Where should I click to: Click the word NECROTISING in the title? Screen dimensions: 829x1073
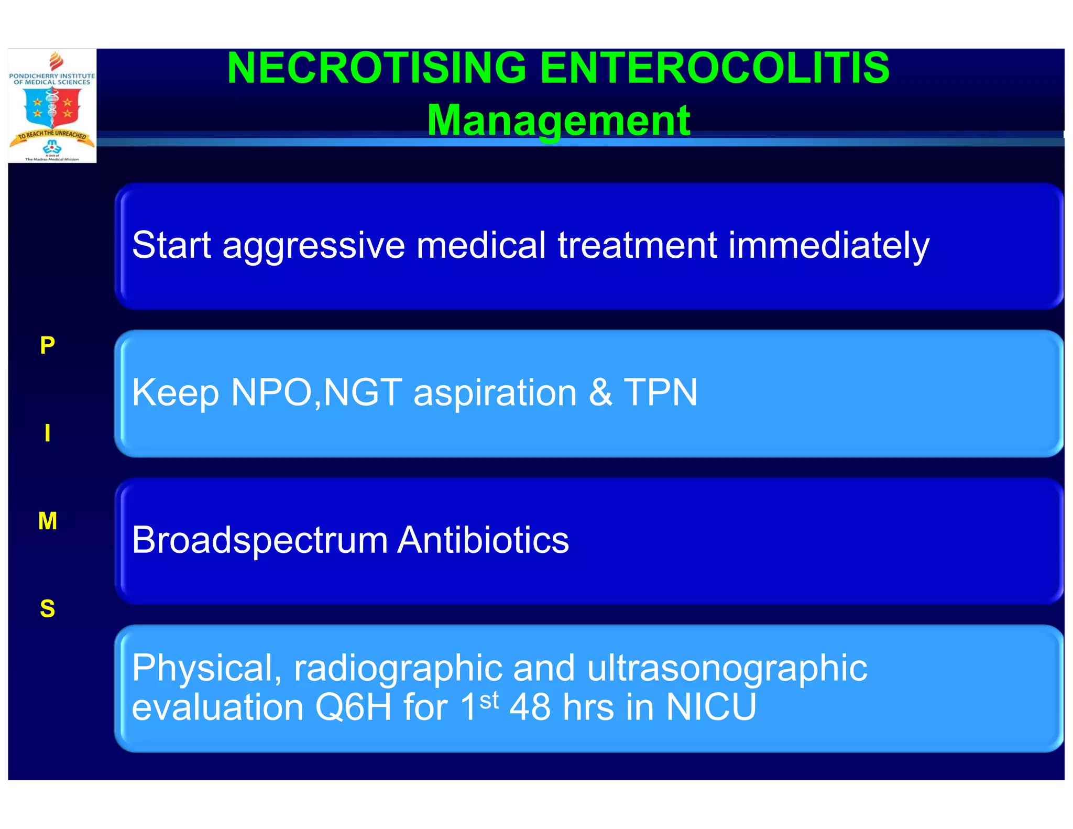[x=376, y=68]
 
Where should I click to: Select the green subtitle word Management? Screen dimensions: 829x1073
[x=559, y=121]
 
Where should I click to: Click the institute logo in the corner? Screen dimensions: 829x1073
[x=52, y=106]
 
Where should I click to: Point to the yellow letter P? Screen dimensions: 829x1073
[x=47, y=345]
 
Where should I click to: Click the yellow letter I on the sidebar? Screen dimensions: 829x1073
[x=48, y=433]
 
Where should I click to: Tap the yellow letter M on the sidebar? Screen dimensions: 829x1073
[x=48, y=521]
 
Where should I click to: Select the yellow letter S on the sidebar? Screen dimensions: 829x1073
[x=48, y=609]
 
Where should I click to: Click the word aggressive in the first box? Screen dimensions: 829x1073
[x=313, y=246]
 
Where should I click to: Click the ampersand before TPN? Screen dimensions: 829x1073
[x=600, y=392]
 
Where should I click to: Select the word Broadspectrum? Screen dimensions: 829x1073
[x=260, y=541]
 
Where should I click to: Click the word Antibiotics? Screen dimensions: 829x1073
[x=483, y=540]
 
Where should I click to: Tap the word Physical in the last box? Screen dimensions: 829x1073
[x=206, y=669]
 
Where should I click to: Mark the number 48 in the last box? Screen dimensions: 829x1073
[x=530, y=707]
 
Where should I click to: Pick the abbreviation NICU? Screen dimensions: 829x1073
[x=711, y=707]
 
